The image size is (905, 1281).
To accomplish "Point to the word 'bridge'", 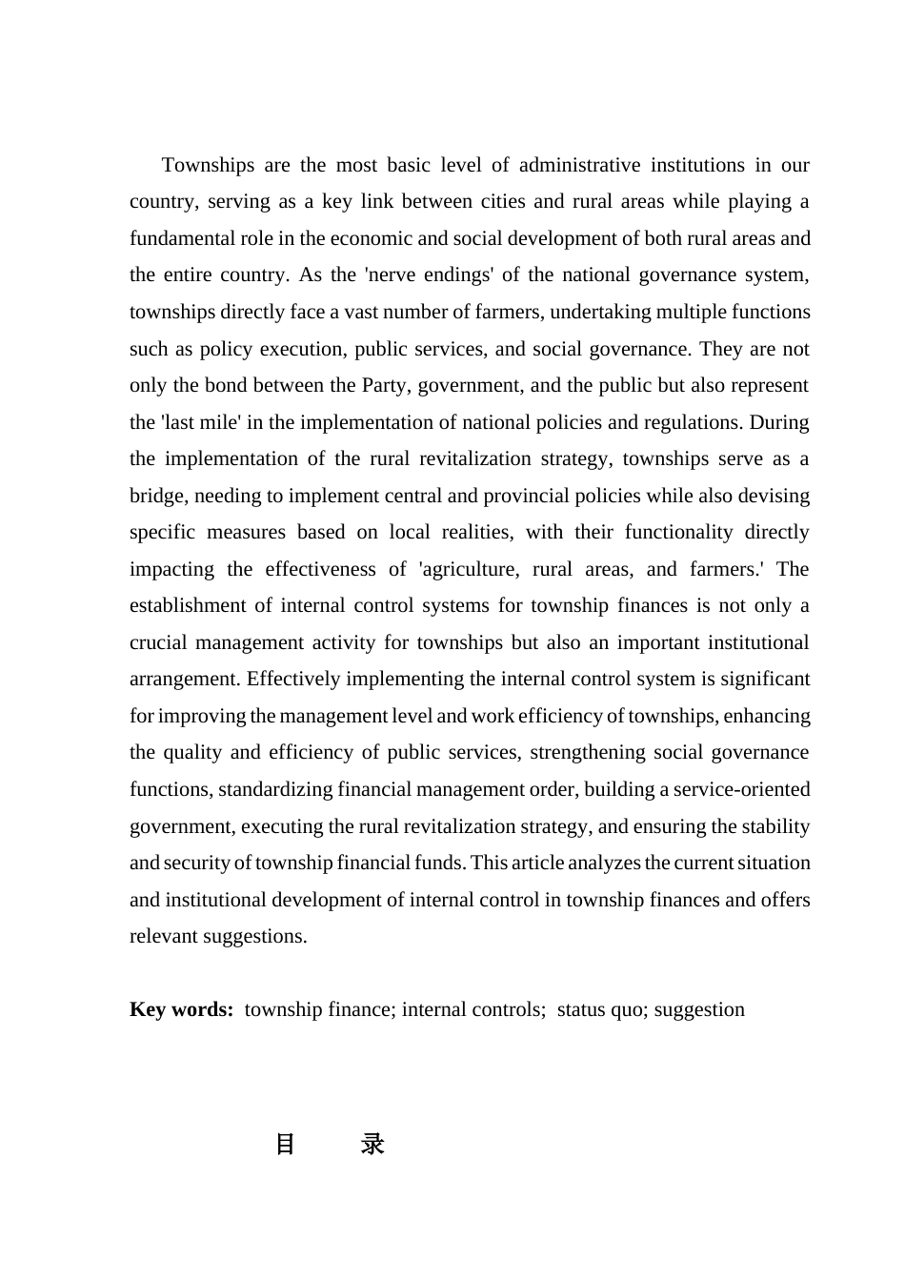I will [158, 496].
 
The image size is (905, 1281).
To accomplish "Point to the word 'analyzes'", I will [604, 863].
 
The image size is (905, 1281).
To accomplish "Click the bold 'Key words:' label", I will [181, 1009].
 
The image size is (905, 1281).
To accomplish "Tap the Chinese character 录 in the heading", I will [372, 1144].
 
